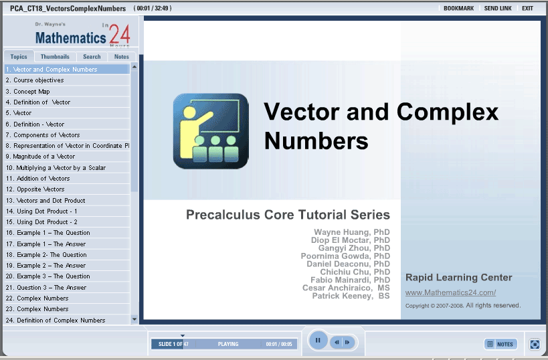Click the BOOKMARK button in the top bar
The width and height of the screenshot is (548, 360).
coord(458,9)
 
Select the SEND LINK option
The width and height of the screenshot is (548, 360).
coord(498,9)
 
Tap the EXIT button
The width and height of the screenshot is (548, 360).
coord(527,9)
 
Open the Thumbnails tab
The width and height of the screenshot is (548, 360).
coord(55,57)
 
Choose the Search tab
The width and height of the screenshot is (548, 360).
coord(92,57)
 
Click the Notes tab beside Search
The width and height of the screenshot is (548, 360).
coord(122,57)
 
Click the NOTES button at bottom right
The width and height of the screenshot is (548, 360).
coord(500,344)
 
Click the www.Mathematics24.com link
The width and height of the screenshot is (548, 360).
coord(450,292)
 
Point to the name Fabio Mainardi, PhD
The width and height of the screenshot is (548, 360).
coord(350,280)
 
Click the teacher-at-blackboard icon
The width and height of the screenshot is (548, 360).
coord(211,131)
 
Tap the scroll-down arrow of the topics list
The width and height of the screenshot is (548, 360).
coord(134,319)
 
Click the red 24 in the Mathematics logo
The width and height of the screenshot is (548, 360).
coord(120,34)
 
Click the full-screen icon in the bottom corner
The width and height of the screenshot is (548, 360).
coord(535,344)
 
